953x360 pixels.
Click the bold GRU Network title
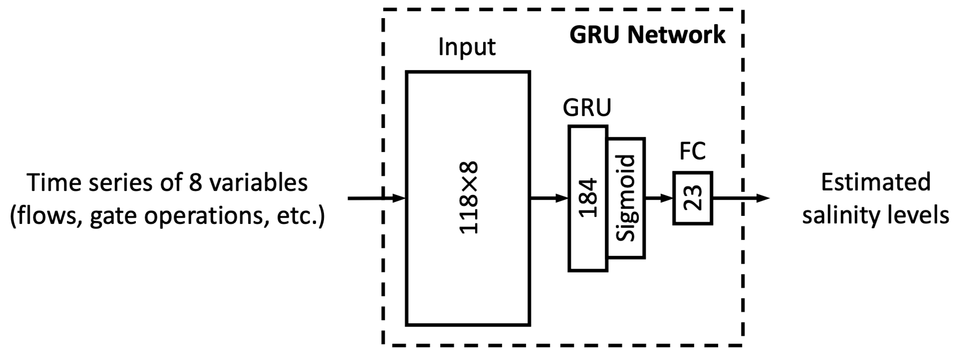647,35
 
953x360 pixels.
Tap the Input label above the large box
467,47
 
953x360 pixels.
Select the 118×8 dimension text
469,198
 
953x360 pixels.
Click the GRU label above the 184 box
587,108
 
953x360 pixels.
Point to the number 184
588,198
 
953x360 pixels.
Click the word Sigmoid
626,198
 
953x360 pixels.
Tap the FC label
693,151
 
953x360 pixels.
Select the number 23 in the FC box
693,198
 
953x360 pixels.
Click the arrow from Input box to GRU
549,198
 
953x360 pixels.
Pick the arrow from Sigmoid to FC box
659,198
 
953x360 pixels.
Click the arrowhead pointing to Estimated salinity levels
762,198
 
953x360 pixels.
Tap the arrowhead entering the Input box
399,198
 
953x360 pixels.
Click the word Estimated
876,182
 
